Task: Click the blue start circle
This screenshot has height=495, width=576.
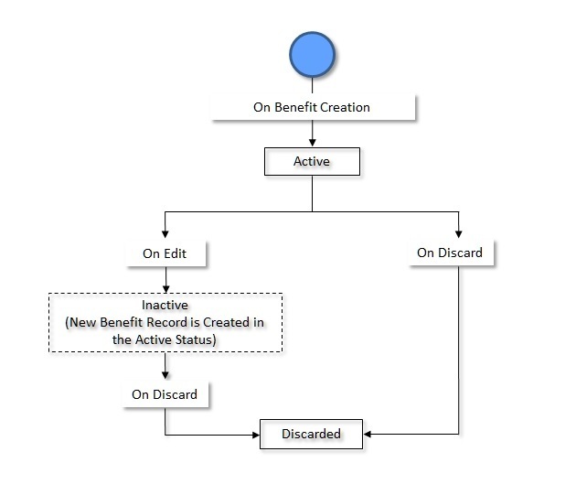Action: coord(313,57)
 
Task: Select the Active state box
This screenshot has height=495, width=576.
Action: coord(312,161)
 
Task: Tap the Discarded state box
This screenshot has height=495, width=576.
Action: coord(311,434)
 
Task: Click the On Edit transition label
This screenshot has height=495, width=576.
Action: coord(165,253)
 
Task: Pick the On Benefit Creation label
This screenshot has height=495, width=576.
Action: coord(312,107)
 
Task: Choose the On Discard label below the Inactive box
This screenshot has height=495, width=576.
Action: coord(165,395)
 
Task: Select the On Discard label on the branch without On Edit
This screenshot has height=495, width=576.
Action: coord(450,253)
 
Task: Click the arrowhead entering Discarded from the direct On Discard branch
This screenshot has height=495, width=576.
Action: coord(368,434)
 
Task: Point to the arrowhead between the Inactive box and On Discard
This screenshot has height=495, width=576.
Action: coord(165,374)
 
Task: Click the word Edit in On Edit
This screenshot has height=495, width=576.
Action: coord(175,253)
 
